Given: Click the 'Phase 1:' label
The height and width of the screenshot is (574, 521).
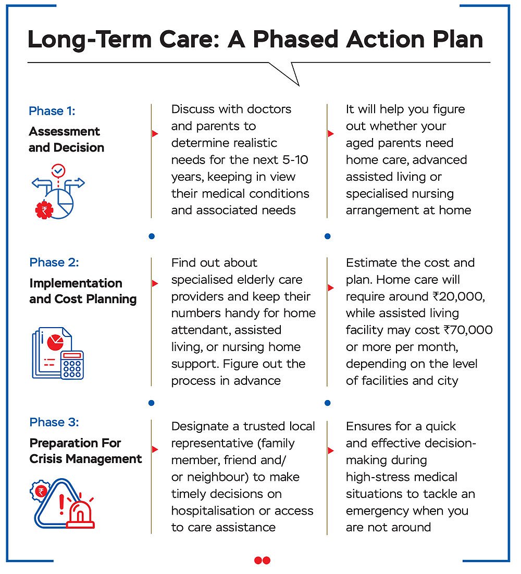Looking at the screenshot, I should pyautogui.click(x=52, y=111).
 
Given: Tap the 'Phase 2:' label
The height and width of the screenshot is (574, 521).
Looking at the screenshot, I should pyautogui.click(x=54, y=263).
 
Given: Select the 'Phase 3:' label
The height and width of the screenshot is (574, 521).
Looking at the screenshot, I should pyautogui.click(x=54, y=422).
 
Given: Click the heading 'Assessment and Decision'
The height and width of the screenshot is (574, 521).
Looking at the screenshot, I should pyautogui.click(x=66, y=140).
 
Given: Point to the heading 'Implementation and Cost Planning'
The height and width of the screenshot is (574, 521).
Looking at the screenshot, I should pyautogui.click(x=83, y=291).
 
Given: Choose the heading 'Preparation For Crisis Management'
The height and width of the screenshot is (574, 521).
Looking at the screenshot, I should pyautogui.click(x=85, y=451).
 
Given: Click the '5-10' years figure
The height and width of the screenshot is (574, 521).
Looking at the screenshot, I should pyautogui.click(x=296, y=160).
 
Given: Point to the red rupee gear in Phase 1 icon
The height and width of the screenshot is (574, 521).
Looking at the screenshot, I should pyautogui.click(x=44, y=210).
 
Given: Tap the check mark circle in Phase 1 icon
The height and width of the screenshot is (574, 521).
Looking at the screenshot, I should pyautogui.click(x=58, y=170).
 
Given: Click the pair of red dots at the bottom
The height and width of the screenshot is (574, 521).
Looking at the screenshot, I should pyautogui.click(x=262, y=560).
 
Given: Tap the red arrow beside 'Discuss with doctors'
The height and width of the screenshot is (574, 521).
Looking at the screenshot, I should pyautogui.click(x=155, y=134).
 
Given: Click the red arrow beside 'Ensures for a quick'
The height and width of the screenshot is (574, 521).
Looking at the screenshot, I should pyautogui.click(x=330, y=450).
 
